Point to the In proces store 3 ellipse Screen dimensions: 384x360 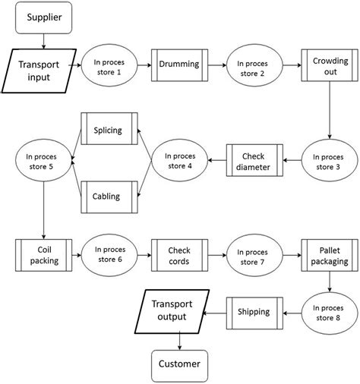point(329,161)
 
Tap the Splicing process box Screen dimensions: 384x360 point(108,130)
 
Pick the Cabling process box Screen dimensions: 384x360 point(108,195)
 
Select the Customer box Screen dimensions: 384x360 point(179,364)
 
